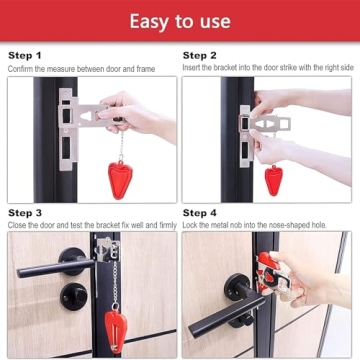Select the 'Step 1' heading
pyautogui.click(x=25, y=56)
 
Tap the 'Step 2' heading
pyautogui.click(x=199, y=56)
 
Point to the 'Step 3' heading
pyautogui.click(x=25, y=213)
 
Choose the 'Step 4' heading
pyautogui.click(x=199, y=213)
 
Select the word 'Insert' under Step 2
pyautogui.click(x=192, y=67)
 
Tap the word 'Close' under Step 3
pyautogui.click(x=18, y=225)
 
